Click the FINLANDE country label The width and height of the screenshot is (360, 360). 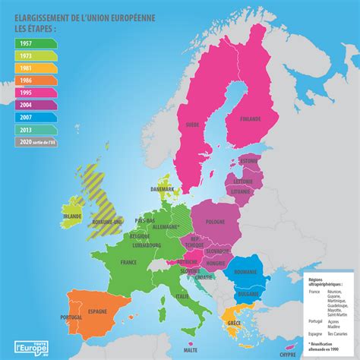249,119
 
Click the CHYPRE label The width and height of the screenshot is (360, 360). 287,353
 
